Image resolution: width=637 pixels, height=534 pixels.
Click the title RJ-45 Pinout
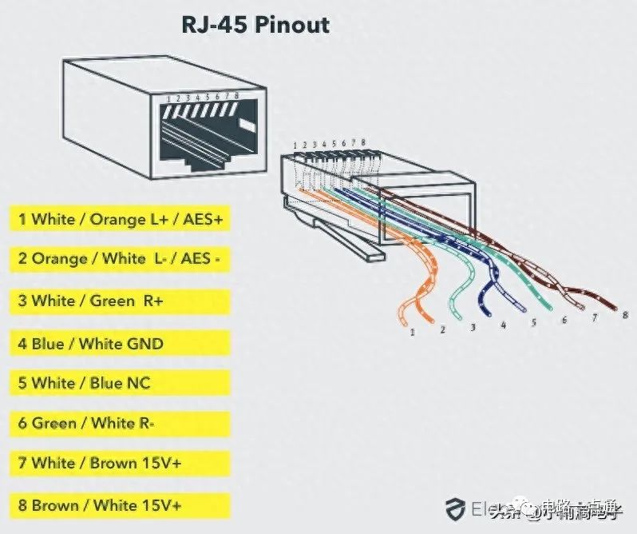(255, 24)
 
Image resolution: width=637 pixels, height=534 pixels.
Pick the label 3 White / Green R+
(97, 301)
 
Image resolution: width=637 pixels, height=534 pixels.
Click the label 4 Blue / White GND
(91, 344)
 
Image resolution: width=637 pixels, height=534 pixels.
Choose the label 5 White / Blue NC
(85, 383)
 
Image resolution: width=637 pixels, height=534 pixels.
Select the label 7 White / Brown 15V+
(100, 463)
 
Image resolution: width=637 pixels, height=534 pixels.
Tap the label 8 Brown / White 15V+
(100, 505)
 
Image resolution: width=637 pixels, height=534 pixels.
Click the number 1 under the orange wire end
(413, 331)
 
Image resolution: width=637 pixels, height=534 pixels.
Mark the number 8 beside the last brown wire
(625, 315)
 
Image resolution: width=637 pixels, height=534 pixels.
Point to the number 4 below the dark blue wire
(504, 325)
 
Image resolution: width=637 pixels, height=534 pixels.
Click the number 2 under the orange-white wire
(442, 329)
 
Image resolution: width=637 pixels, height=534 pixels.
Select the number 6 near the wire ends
(564, 321)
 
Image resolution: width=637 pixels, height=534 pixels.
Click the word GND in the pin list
(144, 344)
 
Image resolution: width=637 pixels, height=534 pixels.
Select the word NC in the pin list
(138, 383)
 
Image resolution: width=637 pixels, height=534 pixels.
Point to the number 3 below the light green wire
(473, 328)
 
